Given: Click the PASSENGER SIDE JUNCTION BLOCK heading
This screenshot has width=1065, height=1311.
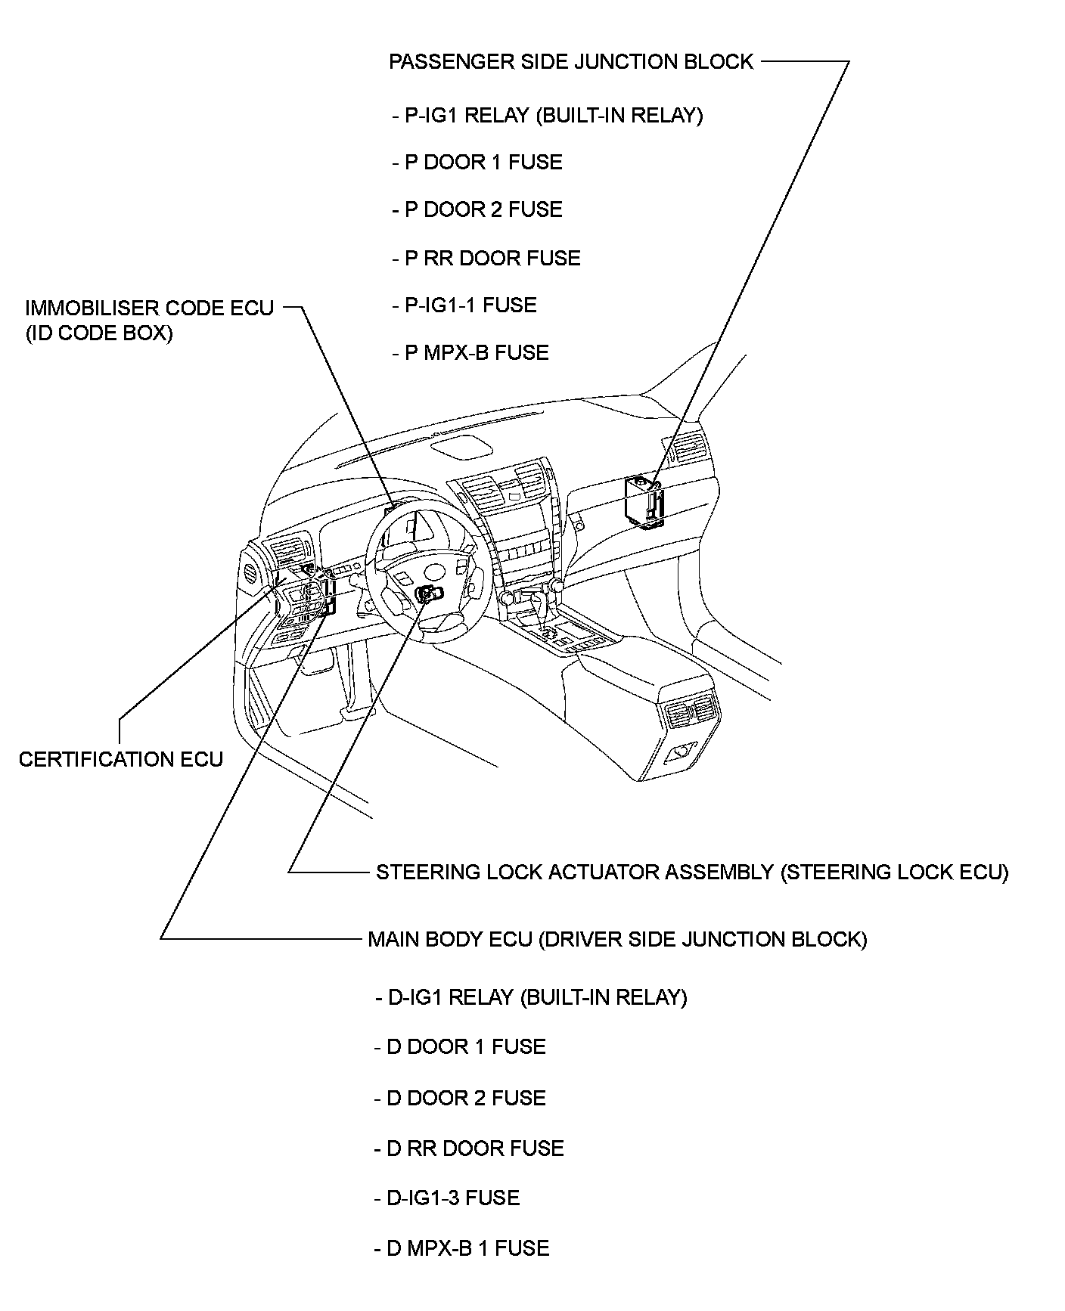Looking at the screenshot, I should (x=571, y=62).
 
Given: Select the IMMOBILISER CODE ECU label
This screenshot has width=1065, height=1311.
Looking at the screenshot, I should (x=149, y=308).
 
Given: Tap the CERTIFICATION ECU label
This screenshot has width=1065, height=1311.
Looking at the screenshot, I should (x=121, y=759).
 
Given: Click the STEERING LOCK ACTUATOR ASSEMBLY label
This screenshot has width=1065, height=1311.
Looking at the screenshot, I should (x=692, y=872).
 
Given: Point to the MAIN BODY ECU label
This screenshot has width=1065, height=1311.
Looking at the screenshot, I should (x=617, y=939).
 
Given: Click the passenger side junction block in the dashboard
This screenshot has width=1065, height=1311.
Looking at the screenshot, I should (x=644, y=502).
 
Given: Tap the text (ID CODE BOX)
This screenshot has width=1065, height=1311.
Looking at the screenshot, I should (x=99, y=333).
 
